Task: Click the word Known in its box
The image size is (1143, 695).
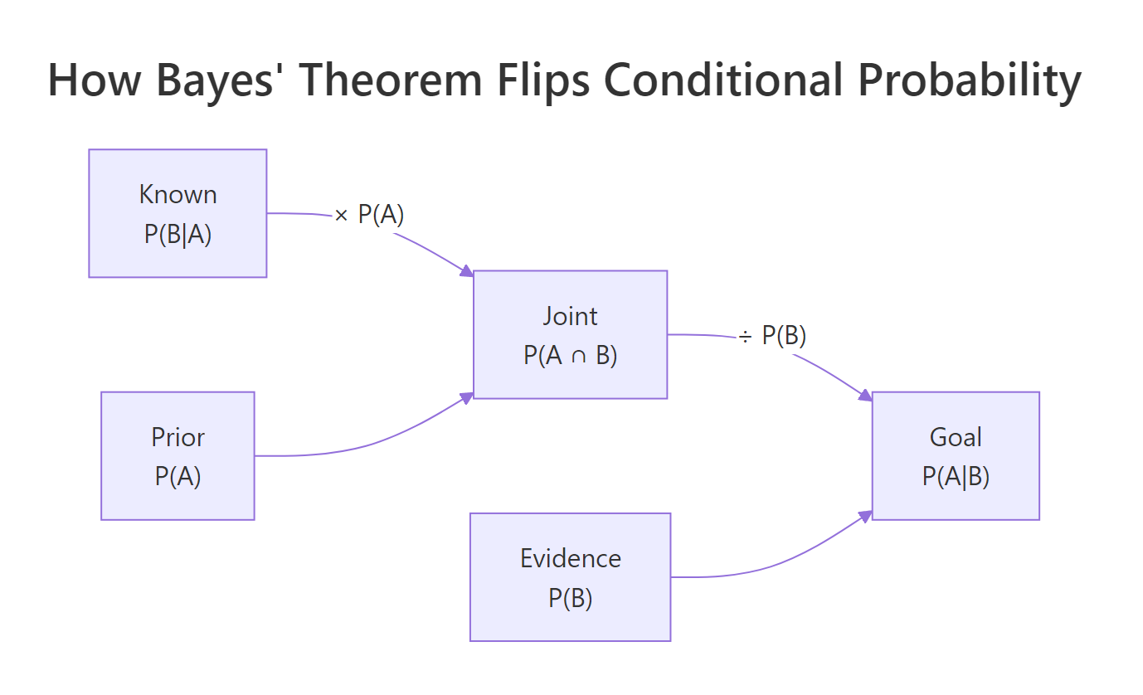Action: coord(178,195)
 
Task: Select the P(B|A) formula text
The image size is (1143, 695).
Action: coord(178,235)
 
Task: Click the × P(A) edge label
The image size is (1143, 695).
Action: coord(369,215)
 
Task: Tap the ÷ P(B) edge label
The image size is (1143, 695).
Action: coord(772,335)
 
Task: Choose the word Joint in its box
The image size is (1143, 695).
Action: coord(570,316)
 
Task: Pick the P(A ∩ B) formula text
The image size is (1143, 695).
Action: coord(570,355)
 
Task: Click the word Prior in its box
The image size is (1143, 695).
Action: coord(178,437)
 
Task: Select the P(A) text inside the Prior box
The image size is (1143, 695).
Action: coord(178,477)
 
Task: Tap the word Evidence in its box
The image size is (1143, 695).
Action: coord(570,558)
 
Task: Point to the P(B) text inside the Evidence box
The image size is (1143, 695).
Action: coord(570,598)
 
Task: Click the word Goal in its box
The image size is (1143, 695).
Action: coord(956,437)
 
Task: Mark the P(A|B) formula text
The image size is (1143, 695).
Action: coord(956,477)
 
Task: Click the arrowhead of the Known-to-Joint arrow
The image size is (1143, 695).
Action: coord(468,271)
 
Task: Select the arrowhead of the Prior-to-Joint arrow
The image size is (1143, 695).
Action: coord(468,397)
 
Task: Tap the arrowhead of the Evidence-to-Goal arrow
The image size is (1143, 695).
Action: coord(866,516)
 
